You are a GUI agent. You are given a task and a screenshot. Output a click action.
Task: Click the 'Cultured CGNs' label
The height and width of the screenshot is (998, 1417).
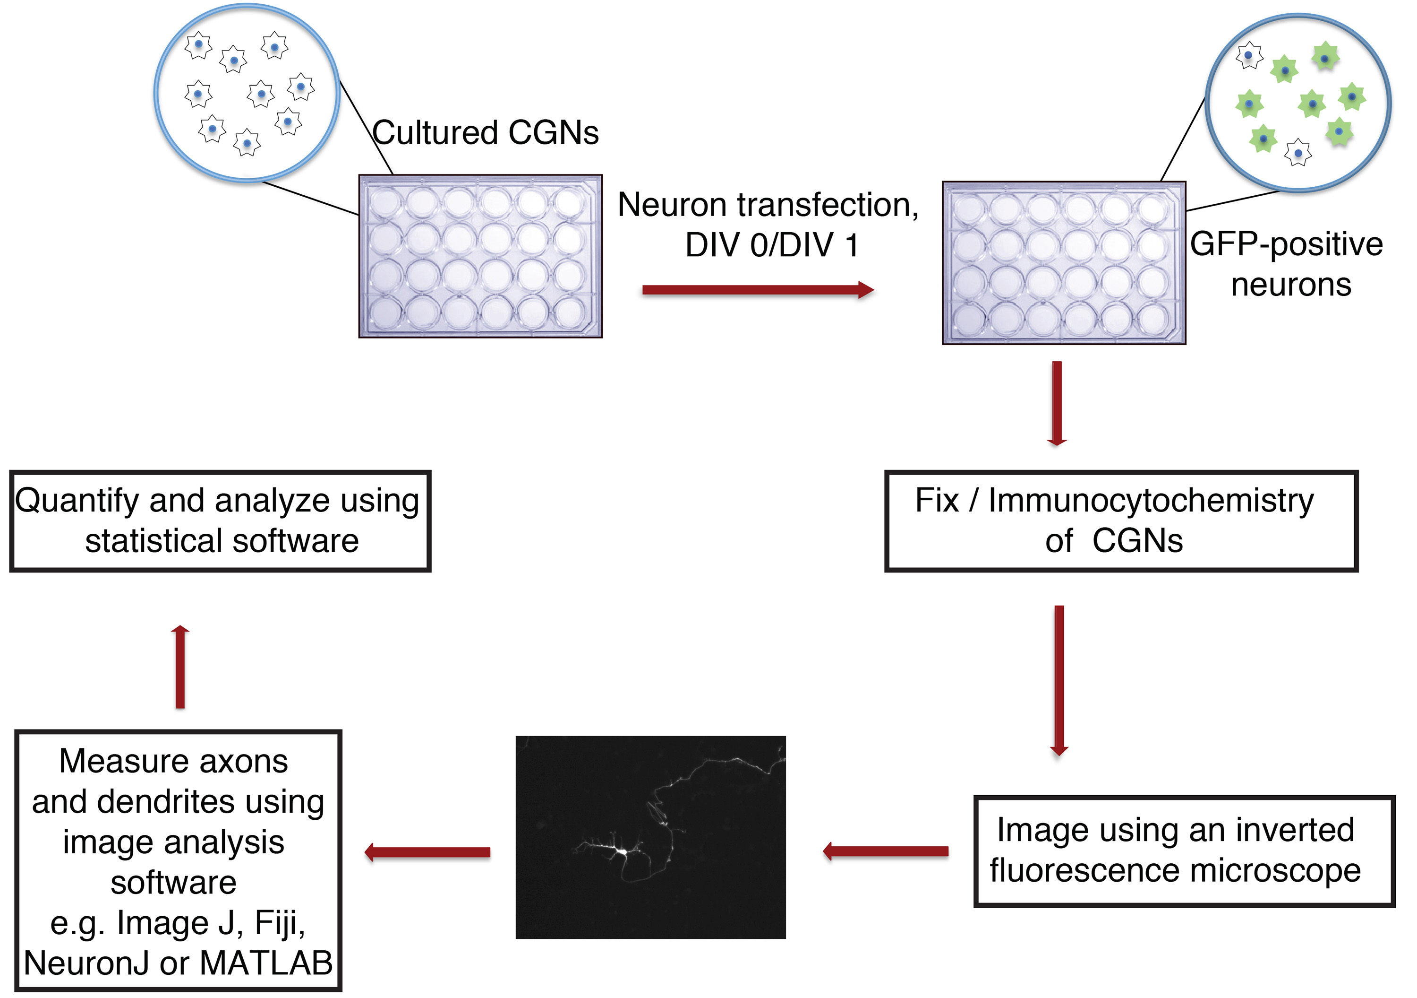[x=485, y=133]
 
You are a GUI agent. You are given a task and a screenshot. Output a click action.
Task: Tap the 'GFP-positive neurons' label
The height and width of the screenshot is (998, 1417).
[x=1286, y=264]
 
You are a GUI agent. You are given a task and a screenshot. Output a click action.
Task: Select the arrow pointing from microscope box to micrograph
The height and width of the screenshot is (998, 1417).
[x=886, y=851]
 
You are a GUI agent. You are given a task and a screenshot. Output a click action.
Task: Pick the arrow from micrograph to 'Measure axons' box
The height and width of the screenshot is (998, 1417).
[x=427, y=852]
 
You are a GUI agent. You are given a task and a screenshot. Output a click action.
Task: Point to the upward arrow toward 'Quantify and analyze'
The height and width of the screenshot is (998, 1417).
[x=180, y=667]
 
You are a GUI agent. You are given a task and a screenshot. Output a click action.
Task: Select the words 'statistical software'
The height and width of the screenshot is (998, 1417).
[x=222, y=541]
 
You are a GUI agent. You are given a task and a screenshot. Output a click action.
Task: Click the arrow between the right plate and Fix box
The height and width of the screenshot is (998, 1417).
[x=1057, y=403]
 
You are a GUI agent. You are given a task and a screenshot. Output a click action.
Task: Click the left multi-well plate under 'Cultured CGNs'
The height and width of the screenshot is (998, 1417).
[x=480, y=256]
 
